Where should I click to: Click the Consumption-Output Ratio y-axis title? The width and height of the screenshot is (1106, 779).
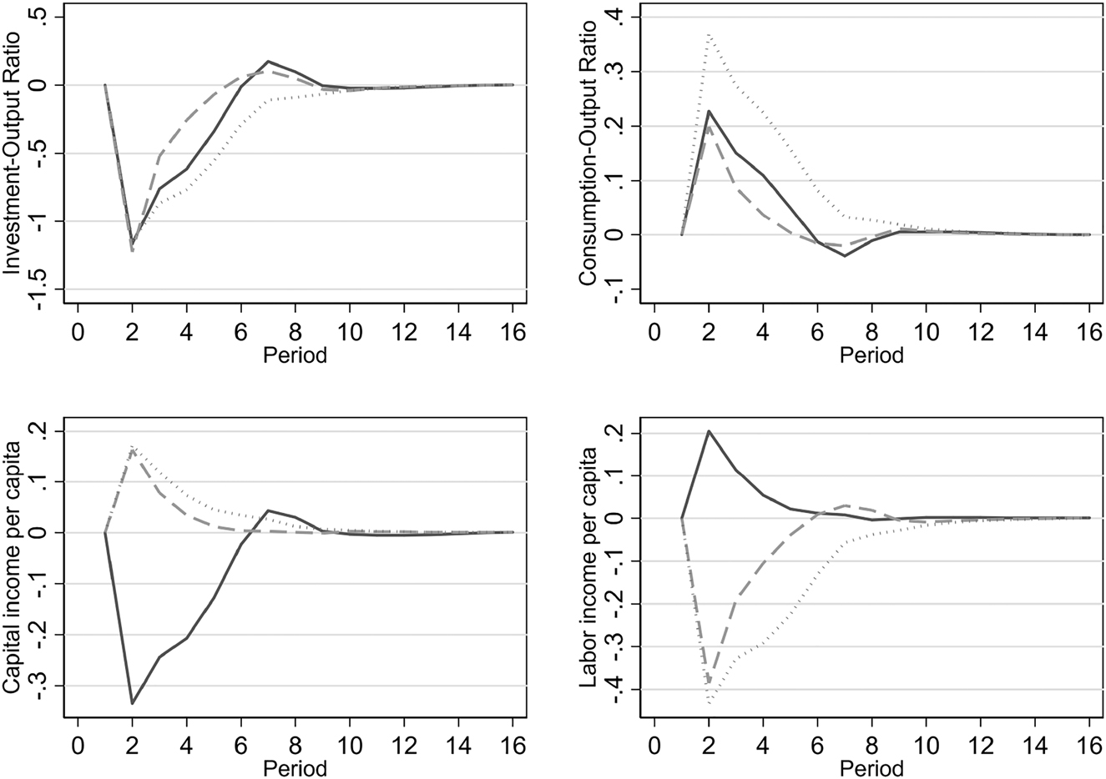point(588,154)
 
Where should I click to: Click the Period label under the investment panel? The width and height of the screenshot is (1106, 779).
point(294,356)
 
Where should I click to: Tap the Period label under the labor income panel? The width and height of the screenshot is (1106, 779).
point(871,767)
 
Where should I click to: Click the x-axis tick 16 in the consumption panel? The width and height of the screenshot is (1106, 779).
point(1089,331)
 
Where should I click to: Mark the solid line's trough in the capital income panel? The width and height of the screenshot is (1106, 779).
point(132,704)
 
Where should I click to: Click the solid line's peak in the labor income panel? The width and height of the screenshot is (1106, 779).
point(709,431)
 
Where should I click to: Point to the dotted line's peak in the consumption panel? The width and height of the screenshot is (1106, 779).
point(709,34)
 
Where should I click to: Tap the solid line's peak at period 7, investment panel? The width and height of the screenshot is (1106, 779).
point(269,62)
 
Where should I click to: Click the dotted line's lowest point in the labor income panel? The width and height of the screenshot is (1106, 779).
point(709,703)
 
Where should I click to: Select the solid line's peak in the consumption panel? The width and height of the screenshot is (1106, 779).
point(709,111)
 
